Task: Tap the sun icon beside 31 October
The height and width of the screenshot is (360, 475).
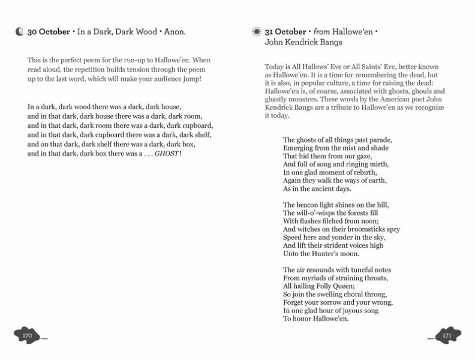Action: click(x=257, y=31)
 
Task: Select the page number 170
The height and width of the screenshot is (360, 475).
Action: click(x=26, y=335)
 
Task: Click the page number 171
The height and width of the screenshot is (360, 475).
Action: click(x=447, y=335)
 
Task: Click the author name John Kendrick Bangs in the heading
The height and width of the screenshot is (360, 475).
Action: click(x=305, y=43)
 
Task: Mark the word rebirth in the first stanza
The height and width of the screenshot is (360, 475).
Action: click(x=372, y=172)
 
